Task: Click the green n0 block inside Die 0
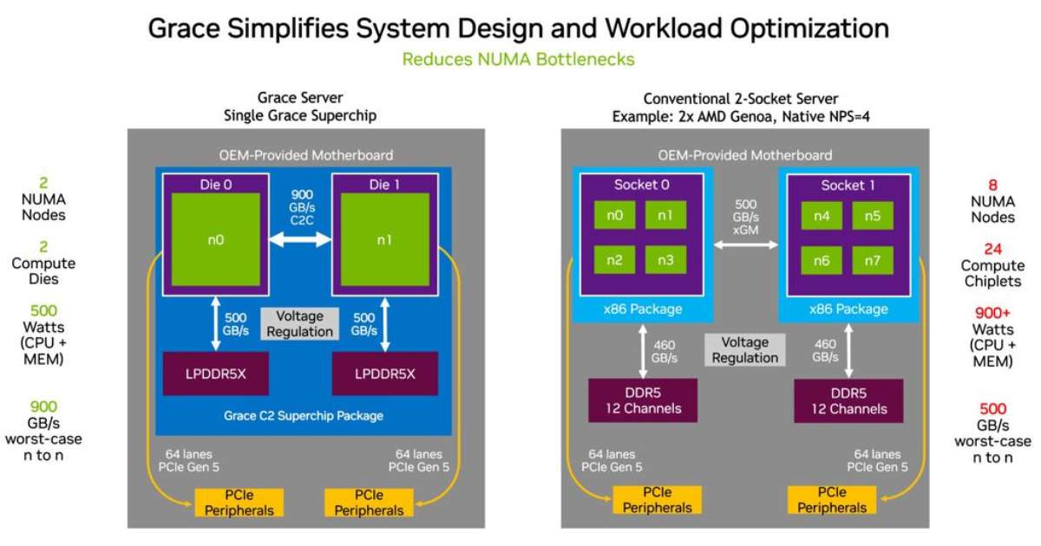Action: coord(214,240)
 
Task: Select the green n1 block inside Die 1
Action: coord(384,240)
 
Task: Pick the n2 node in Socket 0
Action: coord(614,260)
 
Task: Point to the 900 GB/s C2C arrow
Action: coord(300,242)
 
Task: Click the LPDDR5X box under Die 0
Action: coord(215,374)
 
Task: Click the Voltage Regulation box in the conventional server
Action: coord(744,349)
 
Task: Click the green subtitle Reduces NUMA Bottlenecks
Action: coord(519,59)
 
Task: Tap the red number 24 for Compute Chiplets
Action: coord(993,249)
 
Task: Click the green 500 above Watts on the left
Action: coord(43,310)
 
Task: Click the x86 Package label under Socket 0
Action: coord(641,309)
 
